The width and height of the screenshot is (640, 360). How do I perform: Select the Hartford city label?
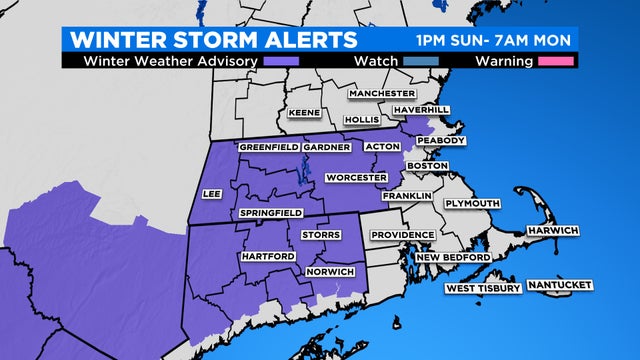pyautogui.click(x=267, y=257)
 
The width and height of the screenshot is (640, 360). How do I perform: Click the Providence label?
pyautogui.click(x=402, y=235)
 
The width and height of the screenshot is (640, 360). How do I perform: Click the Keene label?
pyautogui.click(x=305, y=113)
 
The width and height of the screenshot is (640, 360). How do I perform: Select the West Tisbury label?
pyautogui.click(x=483, y=289)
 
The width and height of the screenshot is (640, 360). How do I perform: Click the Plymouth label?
pyautogui.click(x=468, y=203)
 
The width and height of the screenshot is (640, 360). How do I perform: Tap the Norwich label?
pyautogui.click(x=330, y=272)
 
